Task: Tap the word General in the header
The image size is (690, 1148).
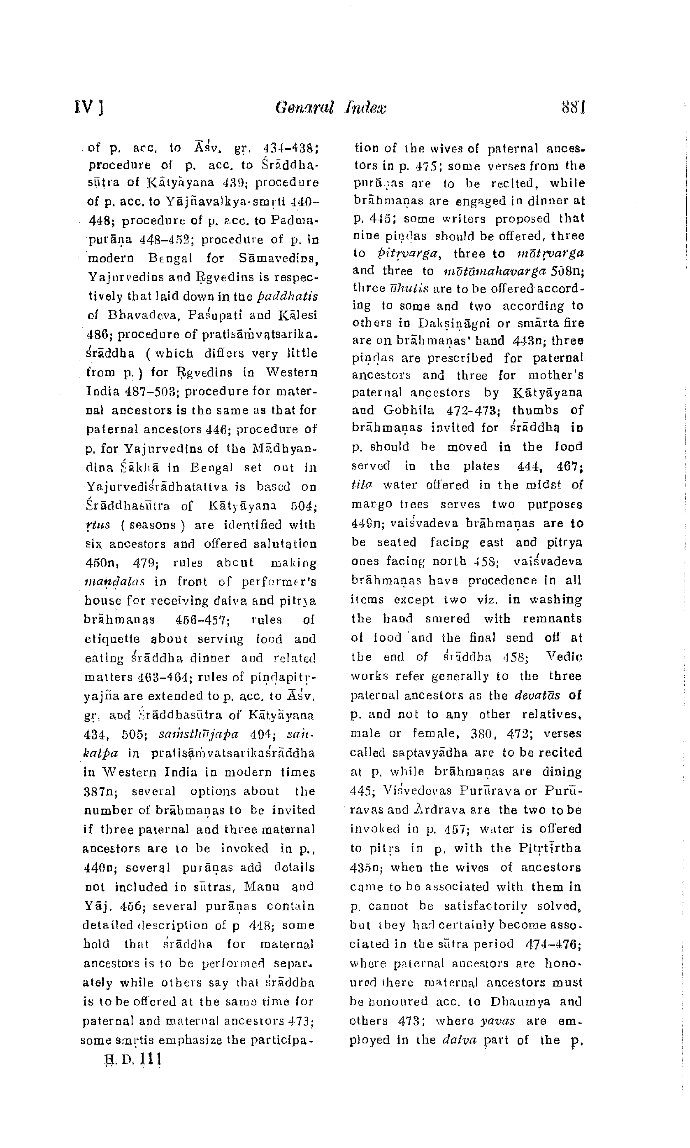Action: [x=304, y=108]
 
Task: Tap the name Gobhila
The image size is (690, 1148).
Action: [x=409, y=410]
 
